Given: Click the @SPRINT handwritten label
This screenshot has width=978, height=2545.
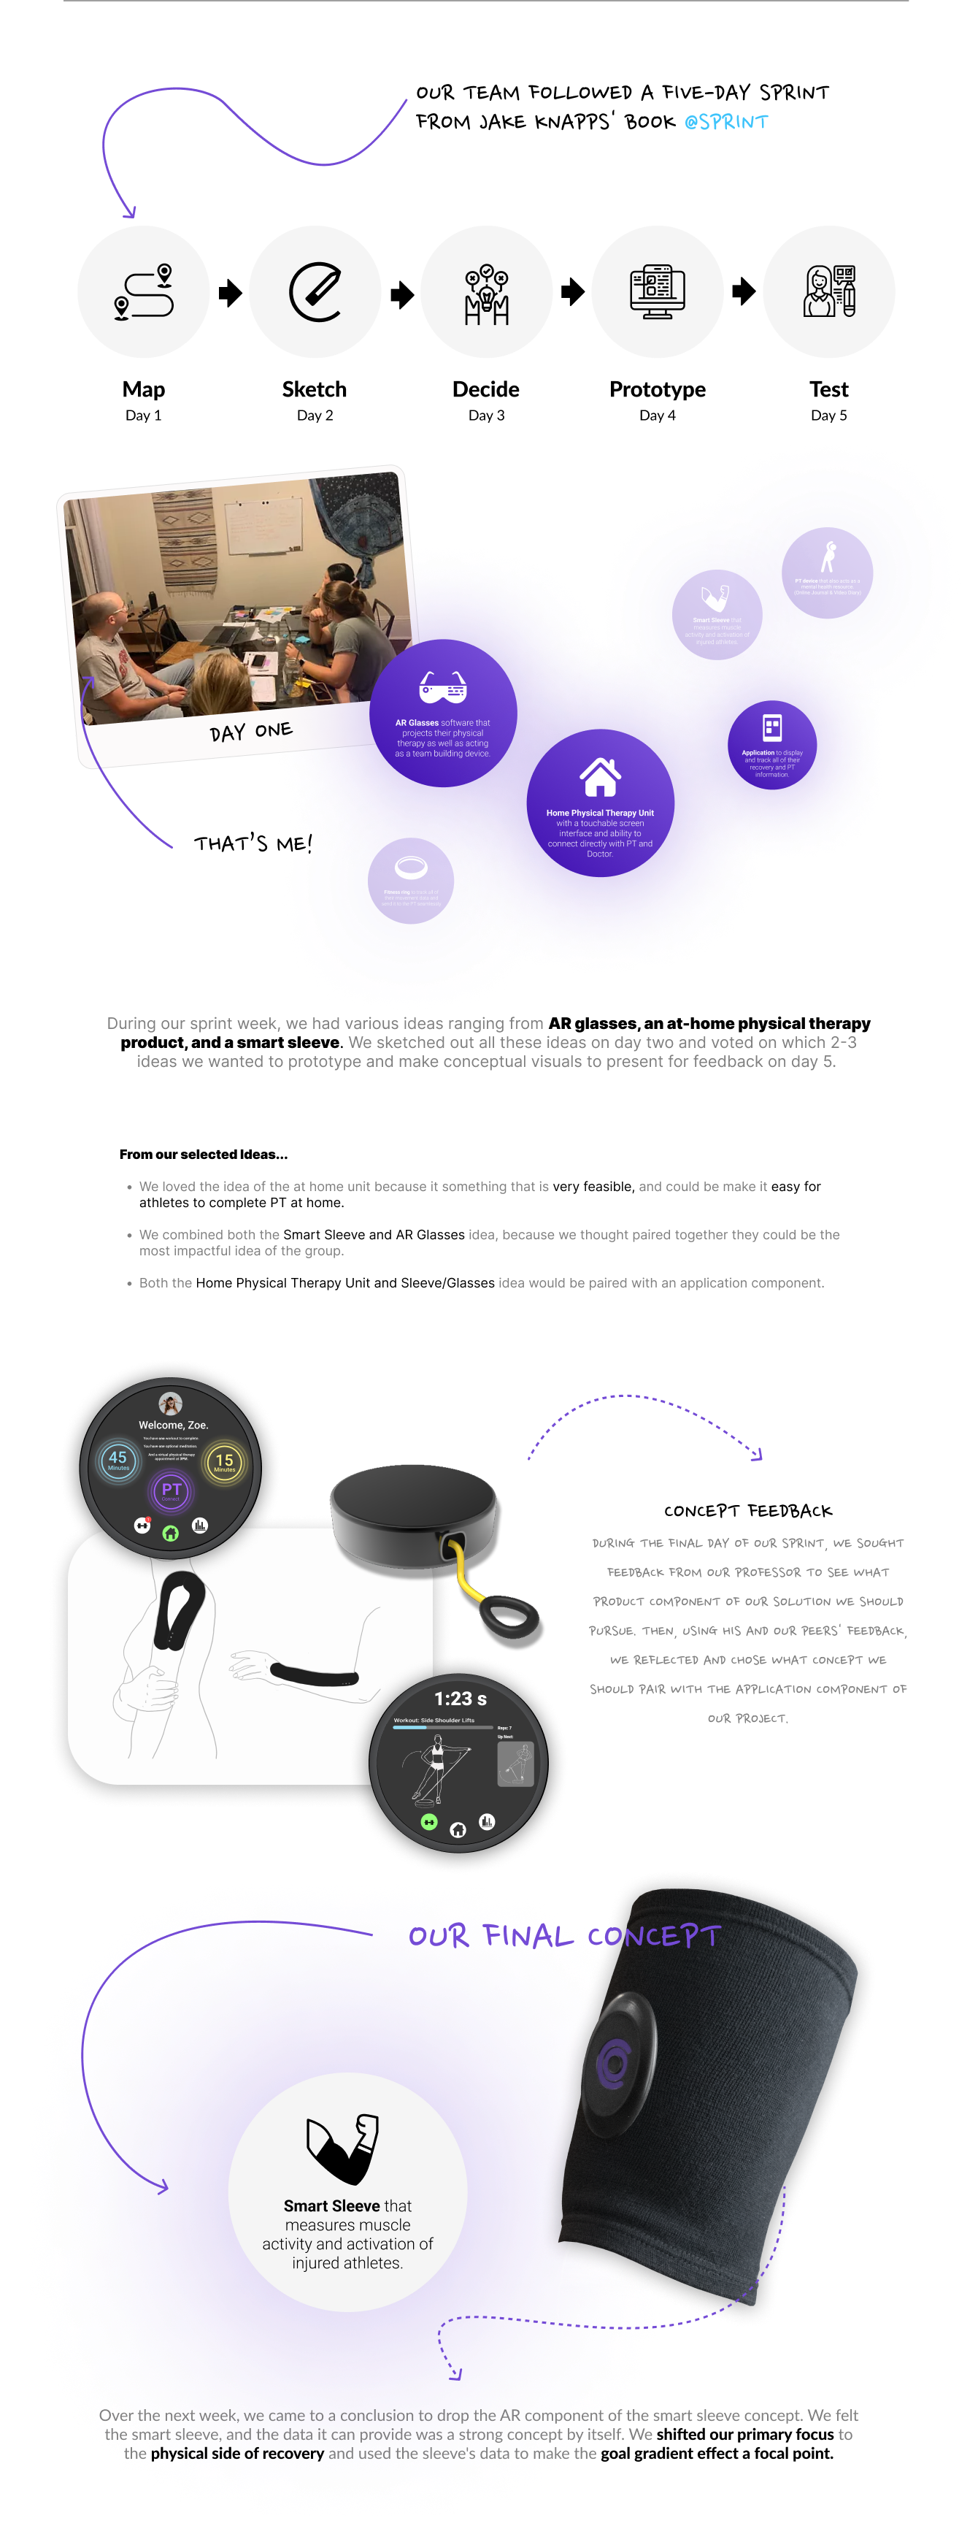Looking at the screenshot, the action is pyautogui.click(x=726, y=121).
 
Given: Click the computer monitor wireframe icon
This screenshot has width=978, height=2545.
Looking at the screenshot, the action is pyautogui.click(x=657, y=291).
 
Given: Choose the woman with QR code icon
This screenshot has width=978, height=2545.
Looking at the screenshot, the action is pyautogui.click(x=829, y=291).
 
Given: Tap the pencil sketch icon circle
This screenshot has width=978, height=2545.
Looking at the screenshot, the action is pyautogui.click(x=315, y=292).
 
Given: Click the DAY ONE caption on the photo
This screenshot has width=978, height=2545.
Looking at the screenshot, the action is pyautogui.click(x=251, y=731).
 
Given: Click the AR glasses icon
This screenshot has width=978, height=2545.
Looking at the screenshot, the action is pyautogui.click(x=442, y=686).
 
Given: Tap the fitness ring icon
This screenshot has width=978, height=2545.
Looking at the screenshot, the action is pyautogui.click(x=411, y=868).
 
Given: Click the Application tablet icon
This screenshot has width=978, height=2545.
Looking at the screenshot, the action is pyautogui.click(x=772, y=728).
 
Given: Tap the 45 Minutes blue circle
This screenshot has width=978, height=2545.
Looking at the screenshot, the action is pyautogui.click(x=118, y=1461).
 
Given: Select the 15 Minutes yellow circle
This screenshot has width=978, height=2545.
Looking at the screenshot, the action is pyautogui.click(x=224, y=1461).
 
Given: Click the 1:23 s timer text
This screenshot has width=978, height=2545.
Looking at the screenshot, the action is pyautogui.click(x=461, y=1699).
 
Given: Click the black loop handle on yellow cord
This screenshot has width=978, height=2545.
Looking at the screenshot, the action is pyautogui.click(x=509, y=1616).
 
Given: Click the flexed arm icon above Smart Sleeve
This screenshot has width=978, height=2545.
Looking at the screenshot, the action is pyautogui.click(x=344, y=2148).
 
